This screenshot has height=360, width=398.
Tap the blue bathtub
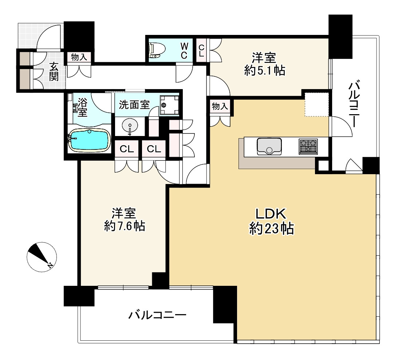pos(90,140)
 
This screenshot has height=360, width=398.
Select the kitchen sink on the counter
pos(269,146)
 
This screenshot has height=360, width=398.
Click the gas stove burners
pos(308,146)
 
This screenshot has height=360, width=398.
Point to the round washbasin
pos(130,126)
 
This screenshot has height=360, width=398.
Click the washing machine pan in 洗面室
pos(169,105)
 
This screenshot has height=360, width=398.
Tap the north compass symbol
pos(42,257)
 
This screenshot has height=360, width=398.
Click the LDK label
pos(271,214)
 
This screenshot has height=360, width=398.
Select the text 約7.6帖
pos(125,226)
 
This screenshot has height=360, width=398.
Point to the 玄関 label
pos(54,72)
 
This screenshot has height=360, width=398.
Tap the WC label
pos(184,51)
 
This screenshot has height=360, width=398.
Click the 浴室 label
pos(83,107)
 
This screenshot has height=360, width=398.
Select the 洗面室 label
pos(134,105)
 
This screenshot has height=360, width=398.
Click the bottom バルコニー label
pos(157,315)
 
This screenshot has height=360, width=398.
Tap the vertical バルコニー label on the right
pos(354,104)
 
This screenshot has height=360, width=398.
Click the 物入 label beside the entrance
pos(79,57)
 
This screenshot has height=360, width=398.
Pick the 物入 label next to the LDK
pos(220,106)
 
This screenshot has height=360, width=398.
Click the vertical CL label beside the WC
pos(201,51)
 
